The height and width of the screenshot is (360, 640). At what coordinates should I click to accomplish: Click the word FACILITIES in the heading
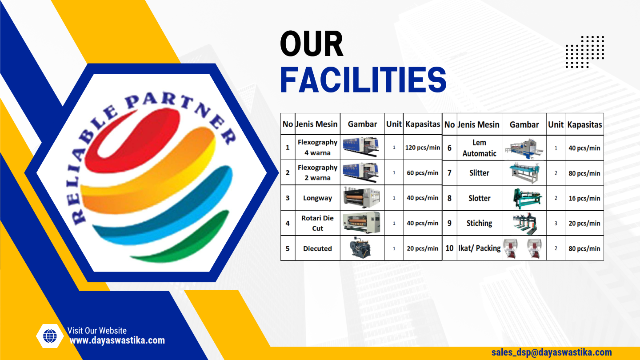point(363,80)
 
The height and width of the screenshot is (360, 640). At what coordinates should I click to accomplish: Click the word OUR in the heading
point(312,44)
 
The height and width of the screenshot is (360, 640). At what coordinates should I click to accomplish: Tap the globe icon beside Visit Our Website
point(50,336)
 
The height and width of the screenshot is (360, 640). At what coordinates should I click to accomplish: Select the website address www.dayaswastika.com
point(117,341)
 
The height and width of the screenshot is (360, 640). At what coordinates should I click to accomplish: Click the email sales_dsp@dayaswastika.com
point(552,352)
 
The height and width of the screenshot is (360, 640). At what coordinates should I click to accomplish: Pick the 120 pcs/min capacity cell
point(422,148)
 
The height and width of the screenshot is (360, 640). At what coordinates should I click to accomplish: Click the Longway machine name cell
point(317,198)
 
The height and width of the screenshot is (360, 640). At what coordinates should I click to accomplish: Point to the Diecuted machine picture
point(362,248)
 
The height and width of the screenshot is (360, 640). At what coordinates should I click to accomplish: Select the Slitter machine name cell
point(479,173)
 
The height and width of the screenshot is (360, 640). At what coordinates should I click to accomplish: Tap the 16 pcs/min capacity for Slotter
point(584,198)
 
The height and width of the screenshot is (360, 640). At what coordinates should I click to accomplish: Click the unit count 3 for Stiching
point(556,224)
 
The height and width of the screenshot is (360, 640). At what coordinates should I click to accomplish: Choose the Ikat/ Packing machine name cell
point(479,248)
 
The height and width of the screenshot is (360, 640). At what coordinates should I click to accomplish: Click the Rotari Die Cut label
point(317,223)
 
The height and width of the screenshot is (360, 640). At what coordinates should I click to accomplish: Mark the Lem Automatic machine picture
point(524,148)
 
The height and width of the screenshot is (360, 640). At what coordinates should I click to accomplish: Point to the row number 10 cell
point(449,248)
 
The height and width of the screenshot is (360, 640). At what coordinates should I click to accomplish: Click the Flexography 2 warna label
point(317,172)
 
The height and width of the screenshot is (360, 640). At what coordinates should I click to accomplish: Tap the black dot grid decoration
point(584,52)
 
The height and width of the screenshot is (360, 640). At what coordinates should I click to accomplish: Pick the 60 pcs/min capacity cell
point(422,173)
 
